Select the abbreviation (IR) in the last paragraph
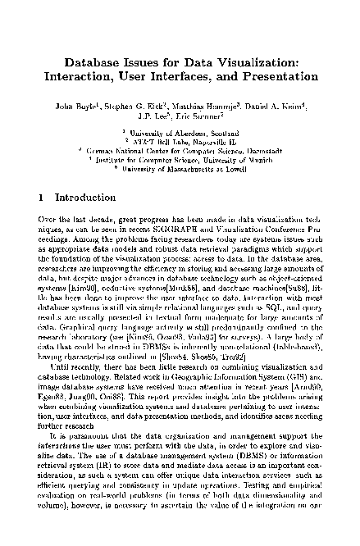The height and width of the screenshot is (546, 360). coord(121,461)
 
